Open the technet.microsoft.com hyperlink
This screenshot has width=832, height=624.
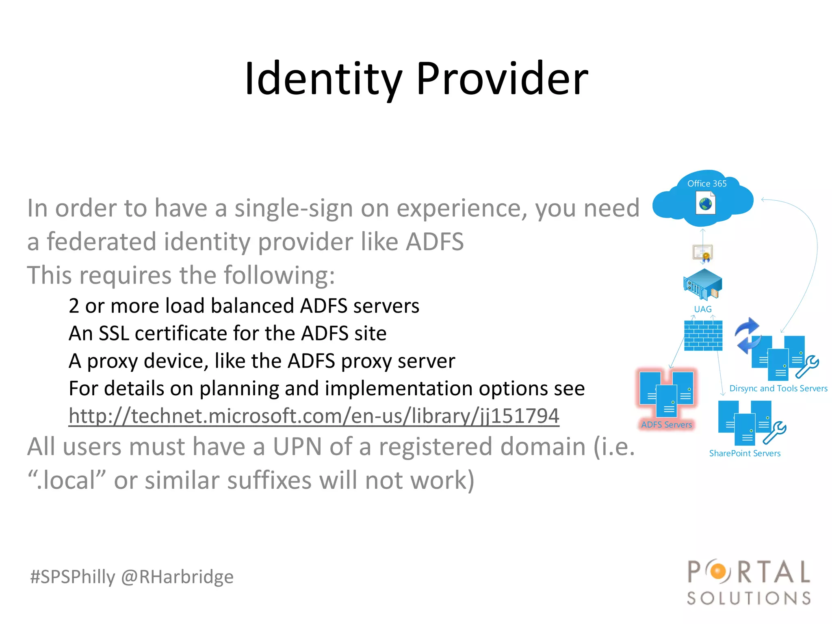pos(314,416)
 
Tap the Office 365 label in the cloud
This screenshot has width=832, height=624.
pos(706,184)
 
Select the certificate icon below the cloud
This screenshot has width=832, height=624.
pos(703,253)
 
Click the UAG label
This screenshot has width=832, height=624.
pos(702,309)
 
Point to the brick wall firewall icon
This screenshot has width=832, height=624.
pos(703,336)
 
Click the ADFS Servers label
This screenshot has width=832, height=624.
pos(666,425)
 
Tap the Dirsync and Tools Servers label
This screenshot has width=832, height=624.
pos(778,388)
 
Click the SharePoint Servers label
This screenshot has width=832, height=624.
pos(745,453)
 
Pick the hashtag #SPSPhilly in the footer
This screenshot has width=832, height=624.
pos(73,577)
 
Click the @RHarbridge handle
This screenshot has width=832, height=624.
pos(177,577)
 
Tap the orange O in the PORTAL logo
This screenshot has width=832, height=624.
pos(718,572)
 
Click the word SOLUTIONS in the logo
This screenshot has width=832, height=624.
pos(749,598)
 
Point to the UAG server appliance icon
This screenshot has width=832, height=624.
pos(703,284)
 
